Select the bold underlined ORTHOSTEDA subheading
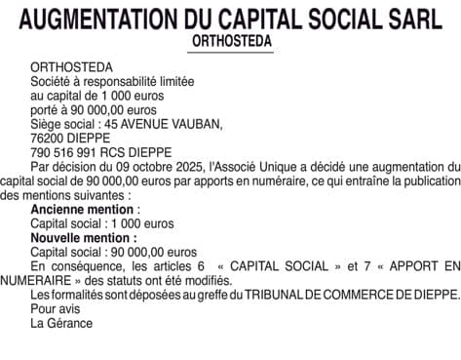pyautogui.click(x=232, y=43)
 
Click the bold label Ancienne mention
pyautogui.click(x=82, y=209)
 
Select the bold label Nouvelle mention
pyautogui.click(x=82, y=237)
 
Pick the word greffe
pyautogui.click(x=187, y=294)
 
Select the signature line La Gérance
pyautogui.click(x=61, y=323)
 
